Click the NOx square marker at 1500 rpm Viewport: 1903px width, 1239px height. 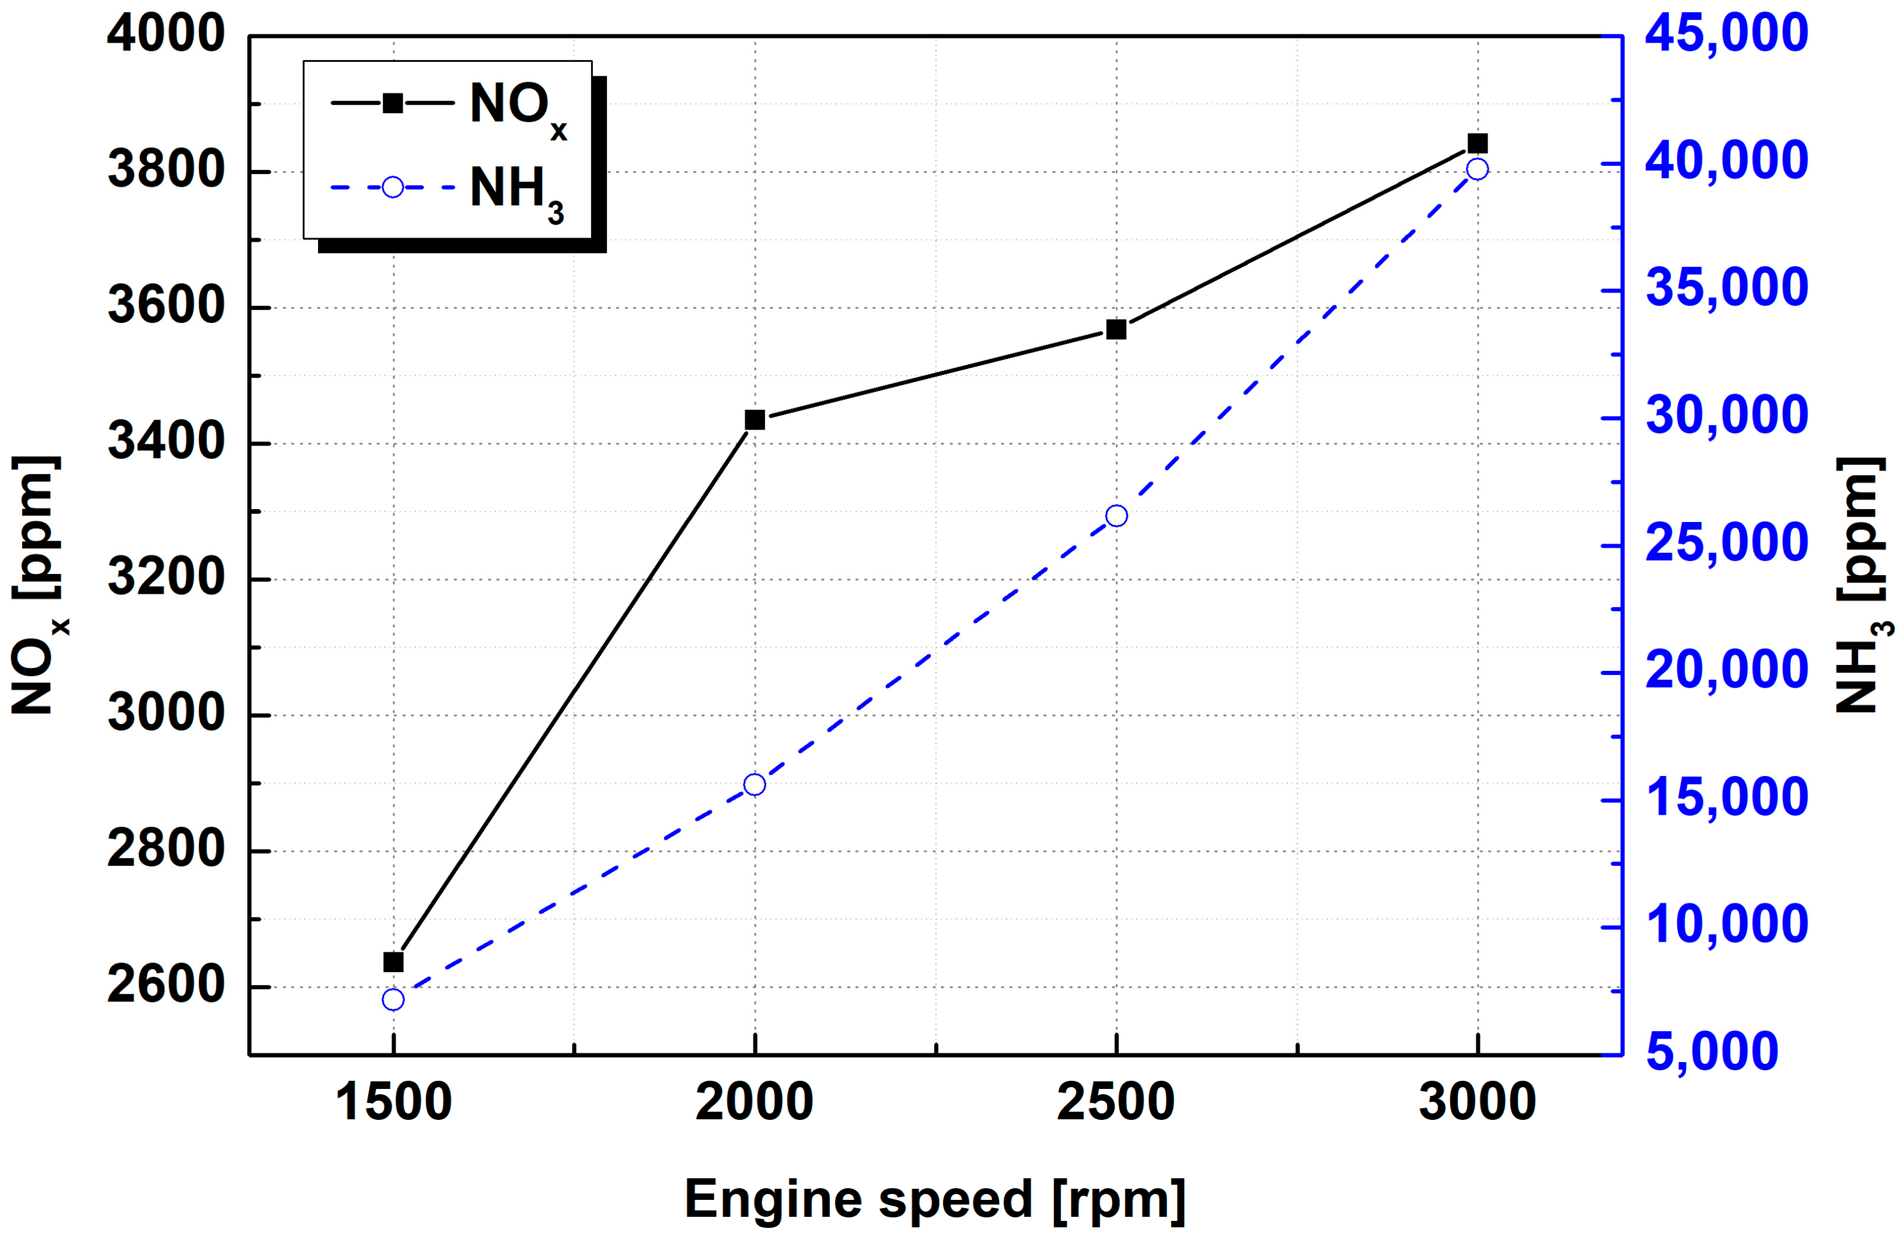tap(393, 962)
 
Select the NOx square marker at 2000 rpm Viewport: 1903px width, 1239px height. tap(755, 420)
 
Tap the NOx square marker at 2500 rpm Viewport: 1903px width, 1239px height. tap(1116, 329)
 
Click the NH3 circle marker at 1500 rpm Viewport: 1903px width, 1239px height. tap(393, 1000)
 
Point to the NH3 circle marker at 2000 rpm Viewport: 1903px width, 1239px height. tap(755, 785)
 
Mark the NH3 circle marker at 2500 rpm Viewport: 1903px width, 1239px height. tap(1116, 516)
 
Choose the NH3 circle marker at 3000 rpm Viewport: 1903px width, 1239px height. tap(1478, 169)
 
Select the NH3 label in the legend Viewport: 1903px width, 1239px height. tap(516, 192)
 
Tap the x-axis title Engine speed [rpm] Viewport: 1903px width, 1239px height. tap(934, 1199)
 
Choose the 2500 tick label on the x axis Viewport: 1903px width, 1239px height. tap(1116, 1102)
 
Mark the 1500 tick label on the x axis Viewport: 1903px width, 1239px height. tap(393, 1102)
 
